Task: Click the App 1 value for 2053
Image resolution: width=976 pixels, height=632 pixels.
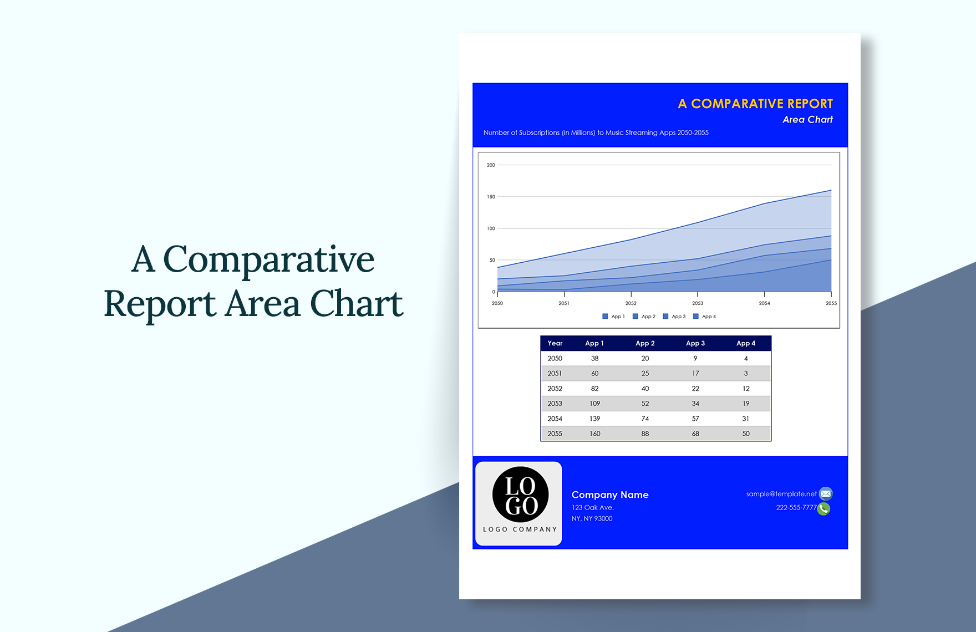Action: click(594, 404)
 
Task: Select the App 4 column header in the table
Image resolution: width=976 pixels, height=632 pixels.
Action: click(745, 343)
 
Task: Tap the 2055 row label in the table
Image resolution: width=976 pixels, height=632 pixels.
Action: click(555, 434)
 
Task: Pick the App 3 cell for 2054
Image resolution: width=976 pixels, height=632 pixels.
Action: click(695, 419)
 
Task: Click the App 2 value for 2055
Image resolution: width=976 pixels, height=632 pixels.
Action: click(645, 434)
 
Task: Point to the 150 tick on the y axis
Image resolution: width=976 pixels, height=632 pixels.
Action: click(491, 197)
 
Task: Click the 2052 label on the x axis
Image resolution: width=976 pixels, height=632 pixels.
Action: click(631, 303)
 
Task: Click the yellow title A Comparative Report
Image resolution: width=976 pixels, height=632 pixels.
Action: click(755, 104)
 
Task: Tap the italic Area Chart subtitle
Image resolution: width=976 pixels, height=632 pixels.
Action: click(807, 120)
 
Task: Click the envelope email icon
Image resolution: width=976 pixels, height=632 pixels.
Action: click(826, 493)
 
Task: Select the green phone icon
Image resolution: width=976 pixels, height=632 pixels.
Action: click(823, 508)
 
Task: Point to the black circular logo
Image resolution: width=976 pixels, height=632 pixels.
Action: click(520, 495)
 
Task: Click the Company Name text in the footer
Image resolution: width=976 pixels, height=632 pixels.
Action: click(609, 495)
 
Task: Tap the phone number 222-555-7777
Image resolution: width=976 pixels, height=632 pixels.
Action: click(796, 508)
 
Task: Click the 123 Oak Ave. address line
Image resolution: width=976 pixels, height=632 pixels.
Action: click(592, 507)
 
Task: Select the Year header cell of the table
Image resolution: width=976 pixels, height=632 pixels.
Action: click(555, 343)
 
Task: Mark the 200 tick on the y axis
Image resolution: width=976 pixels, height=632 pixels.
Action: click(491, 165)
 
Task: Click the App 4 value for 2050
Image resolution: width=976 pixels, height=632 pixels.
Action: click(745, 359)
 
